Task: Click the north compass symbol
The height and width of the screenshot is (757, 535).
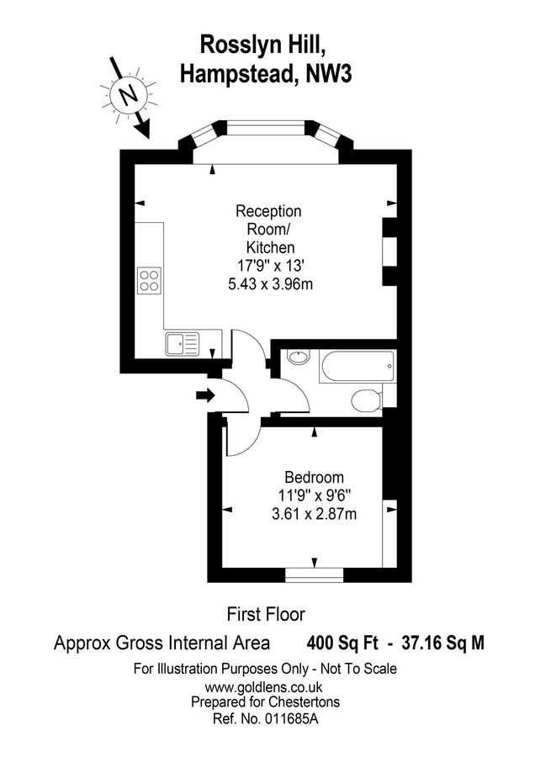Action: pos(128,95)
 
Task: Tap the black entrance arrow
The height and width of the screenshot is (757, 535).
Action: pos(204,395)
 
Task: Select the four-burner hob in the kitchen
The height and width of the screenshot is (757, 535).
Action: pos(149,280)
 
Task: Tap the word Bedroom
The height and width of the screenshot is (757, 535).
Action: pos(314,476)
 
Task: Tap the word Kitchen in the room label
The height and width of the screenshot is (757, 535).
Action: pos(269,247)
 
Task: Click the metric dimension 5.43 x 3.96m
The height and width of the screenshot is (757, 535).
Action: pos(269,284)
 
